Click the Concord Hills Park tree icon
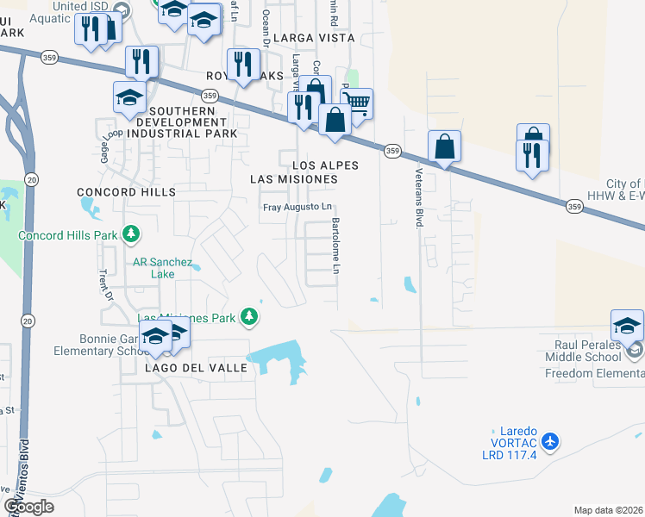point(131,234)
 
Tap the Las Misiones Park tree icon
point(249,318)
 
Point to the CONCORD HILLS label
point(126,191)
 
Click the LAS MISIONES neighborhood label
point(293,178)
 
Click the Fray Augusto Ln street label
point(297,208)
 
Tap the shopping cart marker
point(356,104)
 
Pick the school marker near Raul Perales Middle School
point(627,325)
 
